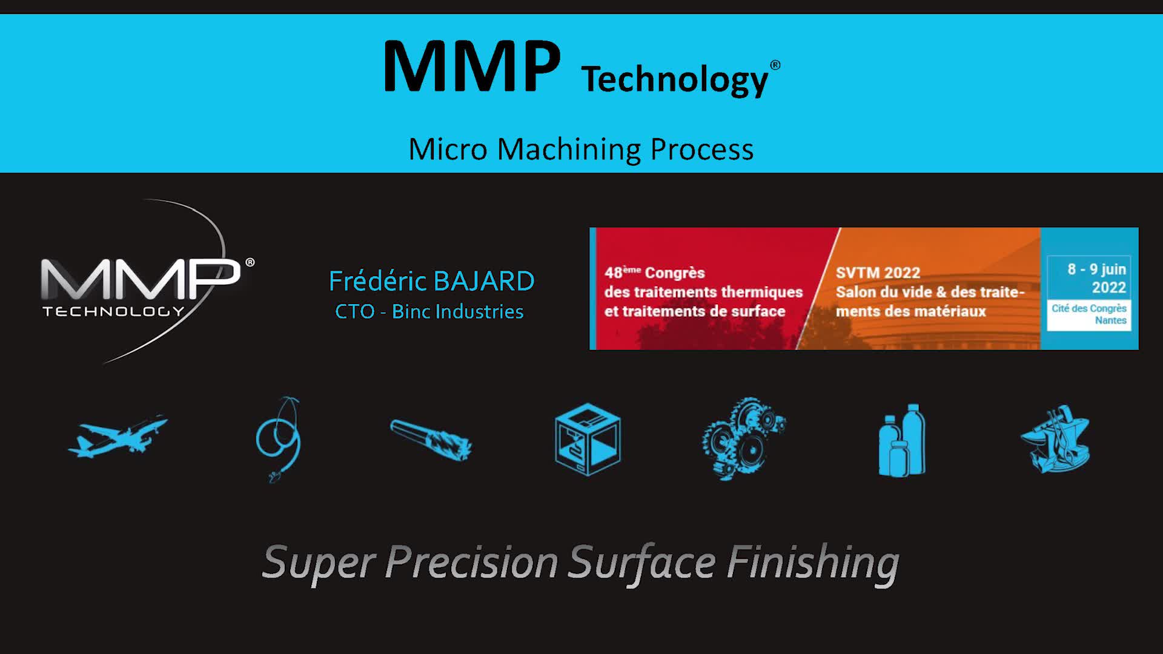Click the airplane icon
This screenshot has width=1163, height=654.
coord(118,437)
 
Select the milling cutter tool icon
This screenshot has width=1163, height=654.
coord(431,440)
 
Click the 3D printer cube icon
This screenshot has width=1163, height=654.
coord(588,440)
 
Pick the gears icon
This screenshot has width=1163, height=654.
coord(744,439)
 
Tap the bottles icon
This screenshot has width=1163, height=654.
coord(902,440)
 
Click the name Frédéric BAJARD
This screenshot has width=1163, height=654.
coord(431,281)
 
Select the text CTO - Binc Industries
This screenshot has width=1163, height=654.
coord(429,311)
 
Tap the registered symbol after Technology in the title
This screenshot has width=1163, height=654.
coord(775,65)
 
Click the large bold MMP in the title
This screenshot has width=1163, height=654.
coord(472,67)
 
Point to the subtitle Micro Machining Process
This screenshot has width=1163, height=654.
coord(581,149)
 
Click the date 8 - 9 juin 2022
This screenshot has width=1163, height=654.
coord(1096,278)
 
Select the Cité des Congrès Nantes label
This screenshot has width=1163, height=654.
coord(1089,314)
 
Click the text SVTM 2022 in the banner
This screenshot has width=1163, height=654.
coord(878,272)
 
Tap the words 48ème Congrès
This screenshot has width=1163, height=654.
coord(654,272)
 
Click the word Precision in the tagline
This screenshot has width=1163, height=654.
coord(471,562)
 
